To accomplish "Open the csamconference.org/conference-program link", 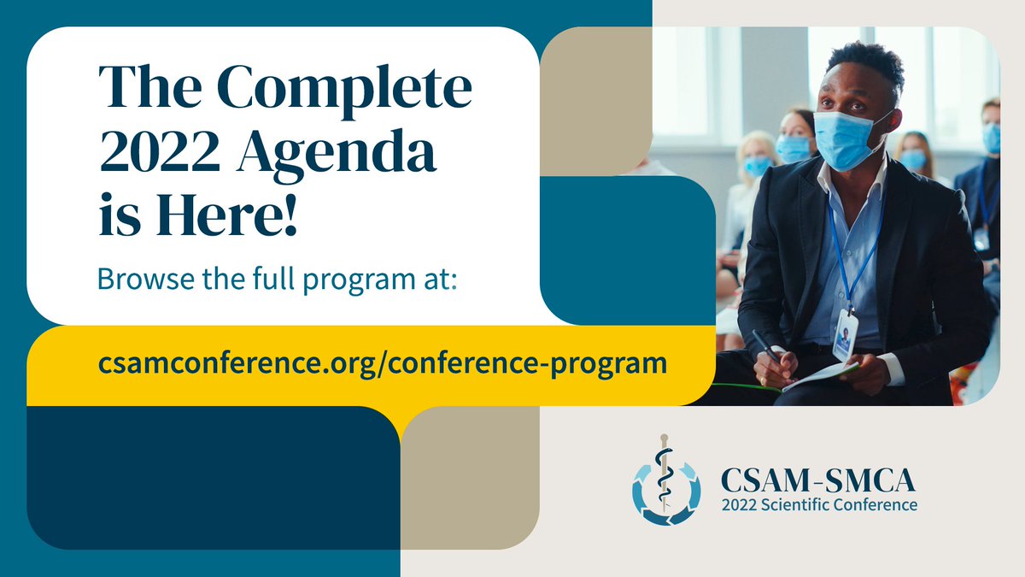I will (383, 363).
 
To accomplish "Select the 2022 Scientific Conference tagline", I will (818, 504).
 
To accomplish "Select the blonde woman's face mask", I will (757, 165).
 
